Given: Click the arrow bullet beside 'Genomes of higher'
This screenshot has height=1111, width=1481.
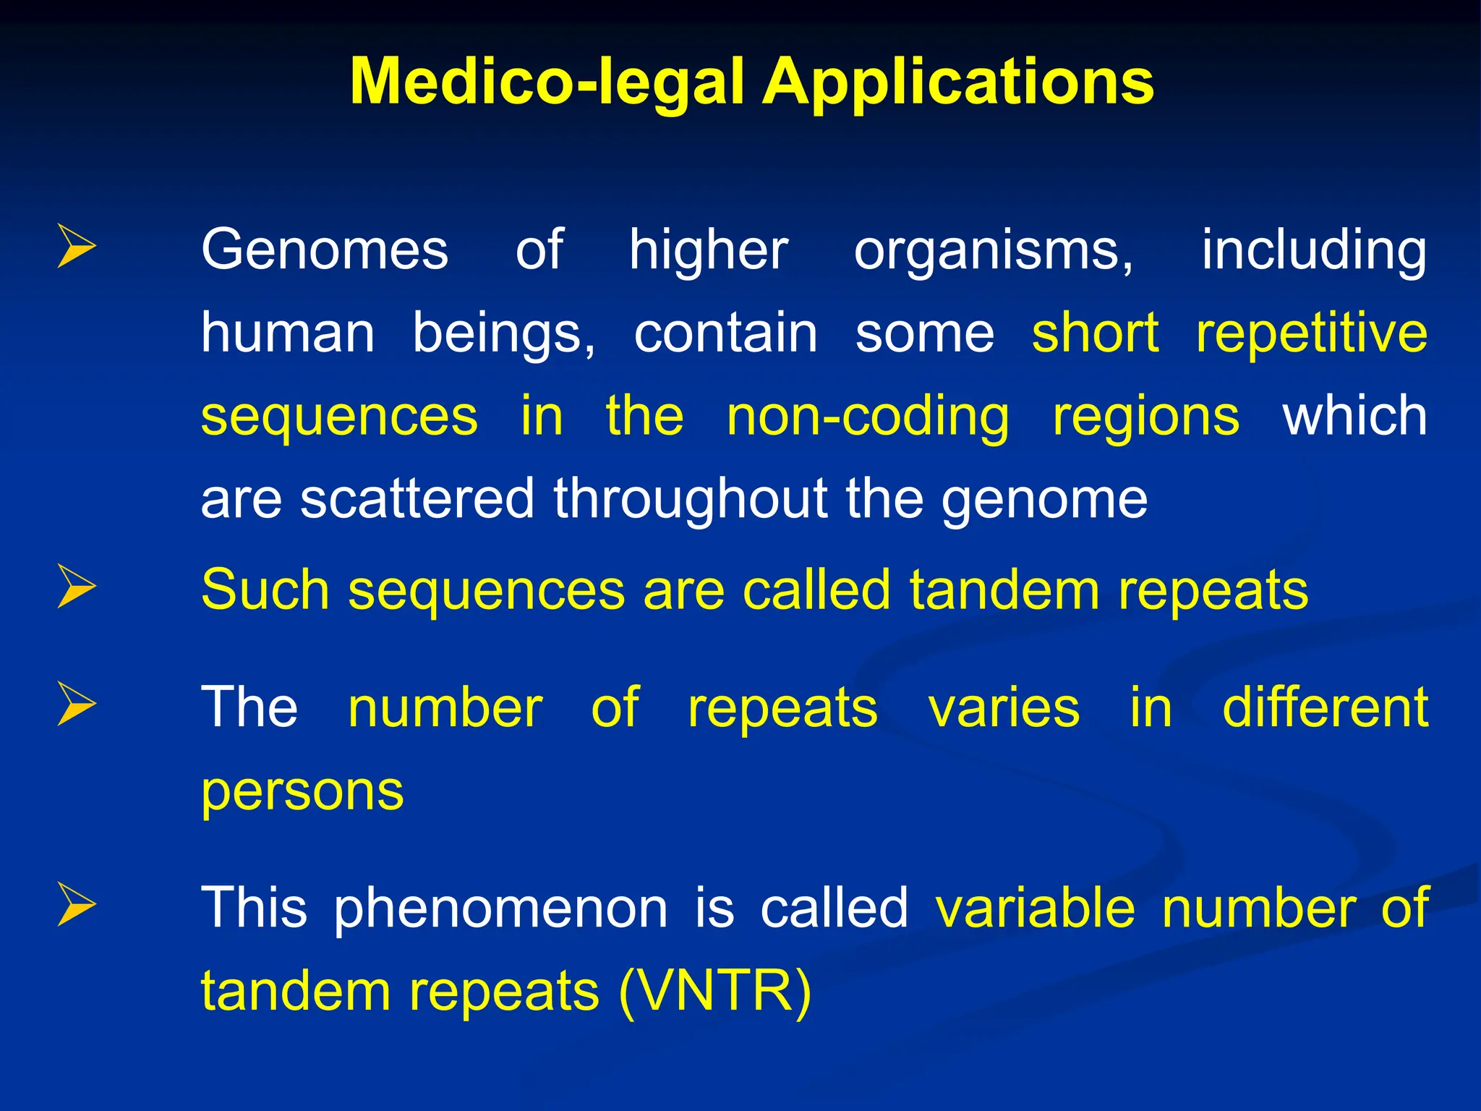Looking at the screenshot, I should click(x=76, y=247).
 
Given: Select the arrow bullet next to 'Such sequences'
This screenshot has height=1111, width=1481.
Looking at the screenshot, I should click(x=76, y=587).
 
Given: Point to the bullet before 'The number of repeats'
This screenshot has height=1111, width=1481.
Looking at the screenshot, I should click(x=76, y=704).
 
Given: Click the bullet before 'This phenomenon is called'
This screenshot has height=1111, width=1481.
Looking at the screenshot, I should click(x=76, y=905).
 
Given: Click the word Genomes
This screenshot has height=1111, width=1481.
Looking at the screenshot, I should click(x=325, y=250).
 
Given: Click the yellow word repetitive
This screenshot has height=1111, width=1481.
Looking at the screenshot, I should click(x=1311, y=333).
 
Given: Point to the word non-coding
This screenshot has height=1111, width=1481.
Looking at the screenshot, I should click(x=868, y=417).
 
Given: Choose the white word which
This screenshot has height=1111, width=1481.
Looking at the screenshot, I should click(x=1354, y=416).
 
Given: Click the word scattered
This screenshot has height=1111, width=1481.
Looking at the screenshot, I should click(x=417, y=499).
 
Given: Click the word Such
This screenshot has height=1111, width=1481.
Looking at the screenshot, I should click(x=265, y=590).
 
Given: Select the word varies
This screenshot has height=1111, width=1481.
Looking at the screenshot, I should click(x=1004, y=707).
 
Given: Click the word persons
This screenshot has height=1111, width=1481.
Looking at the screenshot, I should click(x=302, y=792).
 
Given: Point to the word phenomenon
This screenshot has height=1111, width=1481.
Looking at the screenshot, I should click(x=500, y=908).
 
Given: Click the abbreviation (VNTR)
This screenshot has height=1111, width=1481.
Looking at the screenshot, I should click(x=715, y=991).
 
